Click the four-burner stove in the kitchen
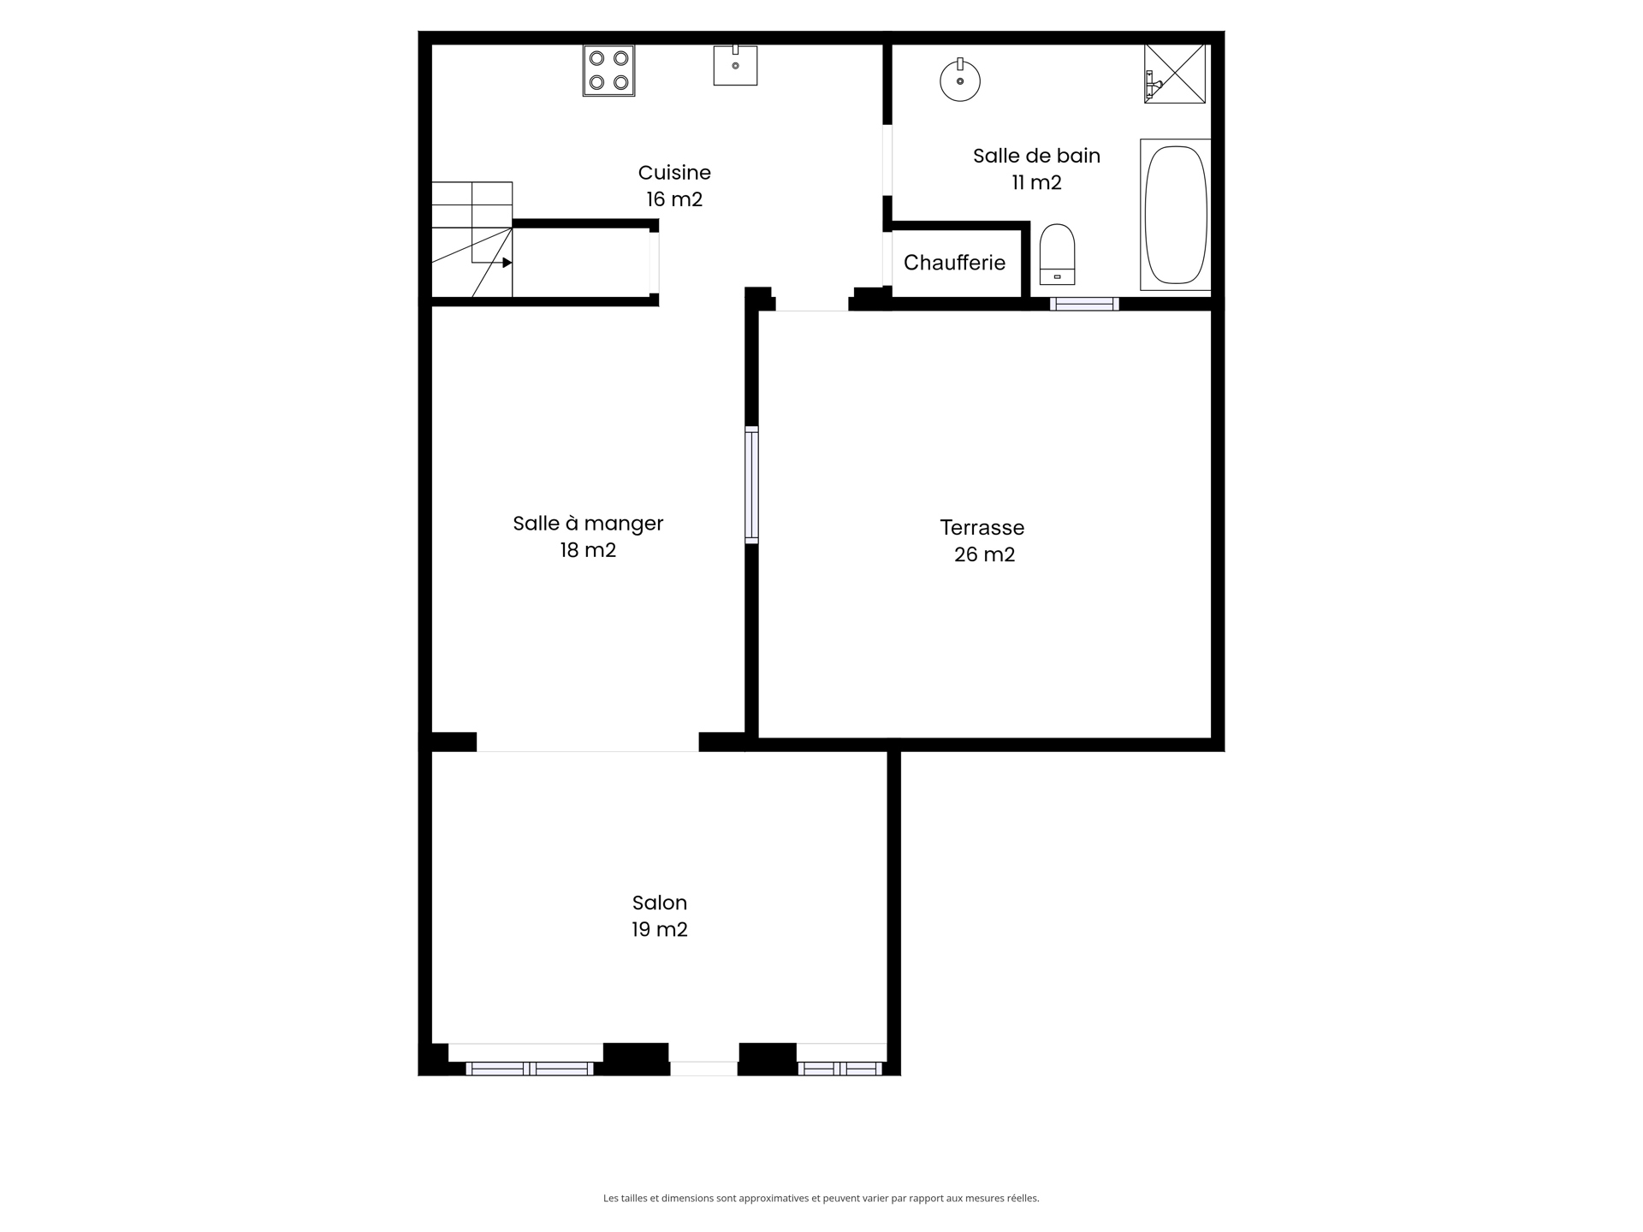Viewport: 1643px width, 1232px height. pos(608,70)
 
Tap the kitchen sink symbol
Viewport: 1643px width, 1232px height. pos(735,66)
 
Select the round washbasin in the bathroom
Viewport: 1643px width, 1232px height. pos(959,81)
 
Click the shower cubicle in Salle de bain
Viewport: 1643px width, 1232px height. pos(1175,74)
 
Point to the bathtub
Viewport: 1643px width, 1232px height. pos(1176,215)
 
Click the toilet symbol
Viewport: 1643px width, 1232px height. pos(1057,254)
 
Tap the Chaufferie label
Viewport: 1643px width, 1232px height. pos(954,263)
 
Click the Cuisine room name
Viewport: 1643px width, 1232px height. pos(674,173)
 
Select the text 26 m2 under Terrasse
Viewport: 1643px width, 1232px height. pos(984,554)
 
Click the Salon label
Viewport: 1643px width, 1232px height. pos(659,903)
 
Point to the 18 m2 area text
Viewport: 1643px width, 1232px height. pos(588,550)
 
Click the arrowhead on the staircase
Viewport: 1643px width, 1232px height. pos(507,263)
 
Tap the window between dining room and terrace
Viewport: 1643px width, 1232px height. pos(751,485)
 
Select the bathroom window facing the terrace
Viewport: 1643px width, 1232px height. pos(1084,304)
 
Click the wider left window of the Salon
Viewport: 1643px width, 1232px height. pos(530,1068)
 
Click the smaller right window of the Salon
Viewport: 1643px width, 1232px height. pos(839,1068)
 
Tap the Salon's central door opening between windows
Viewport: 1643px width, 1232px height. pos(703,1068)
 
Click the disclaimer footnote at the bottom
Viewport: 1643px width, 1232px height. pos(821,1198)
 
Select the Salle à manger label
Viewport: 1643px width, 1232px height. pos(588,524)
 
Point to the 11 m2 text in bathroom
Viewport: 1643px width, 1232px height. pos(1036,182)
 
